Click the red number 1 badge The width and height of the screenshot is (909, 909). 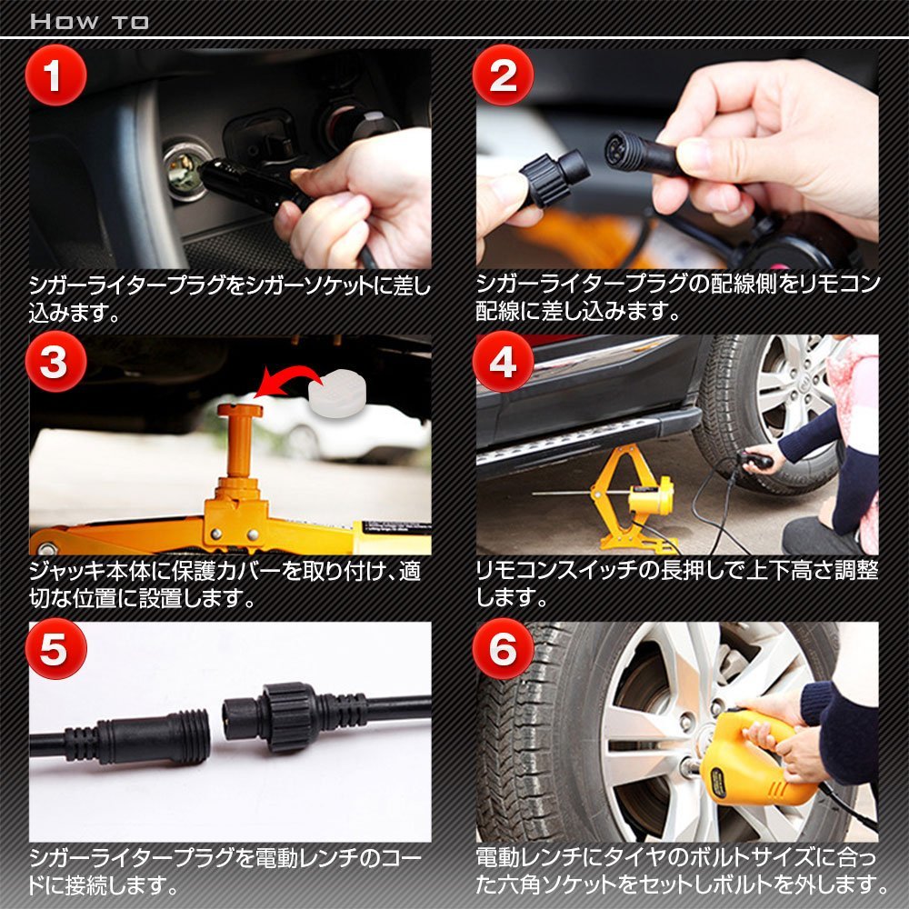point(55,75)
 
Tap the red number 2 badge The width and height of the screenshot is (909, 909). point(503,75)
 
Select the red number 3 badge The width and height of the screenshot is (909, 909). point(55,362)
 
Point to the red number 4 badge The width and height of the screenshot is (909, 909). point(503,362)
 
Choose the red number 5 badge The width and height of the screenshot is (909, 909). point(55,648)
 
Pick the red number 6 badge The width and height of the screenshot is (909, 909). point(503,648)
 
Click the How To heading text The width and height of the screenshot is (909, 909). point(89,22)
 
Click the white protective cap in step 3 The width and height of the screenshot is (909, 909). point(337,393)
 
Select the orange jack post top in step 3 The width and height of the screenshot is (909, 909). point(240,411)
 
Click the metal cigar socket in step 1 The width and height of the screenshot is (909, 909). point(185,169)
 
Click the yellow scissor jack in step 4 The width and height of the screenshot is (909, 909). point(632,498)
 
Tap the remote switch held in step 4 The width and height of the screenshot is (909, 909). point(756,461)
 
